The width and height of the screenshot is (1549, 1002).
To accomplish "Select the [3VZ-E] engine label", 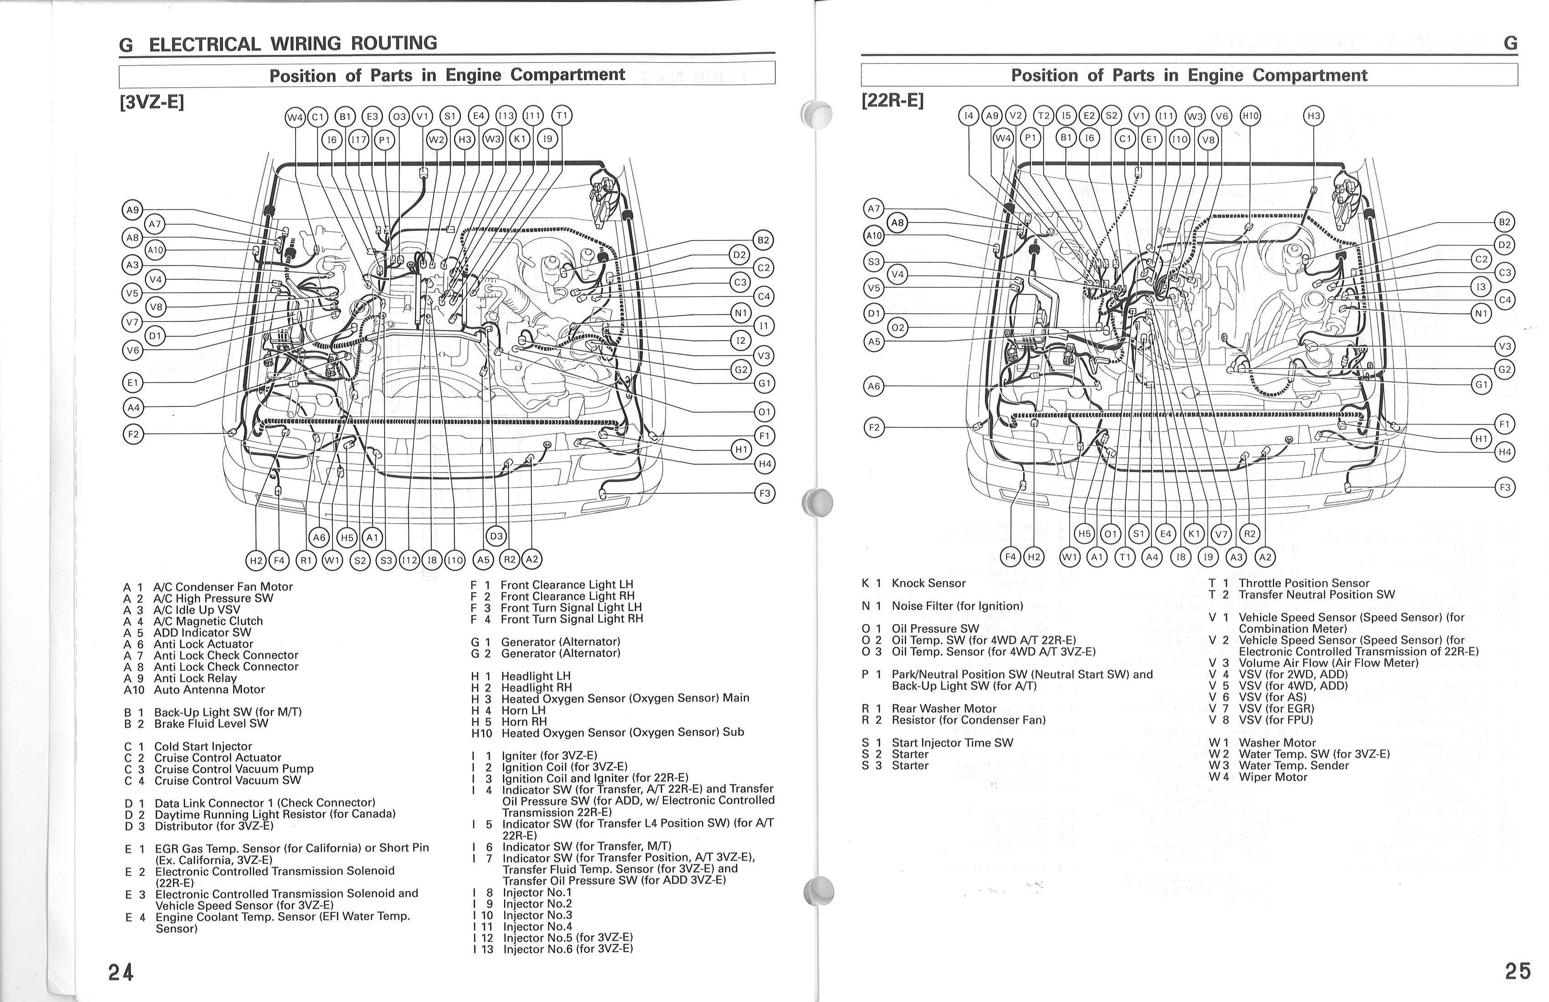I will [x=151, y=103].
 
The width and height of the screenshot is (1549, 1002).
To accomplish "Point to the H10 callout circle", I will [x=1250, y=116].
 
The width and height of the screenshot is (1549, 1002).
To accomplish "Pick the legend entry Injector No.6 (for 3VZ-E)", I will [x=567, y=949].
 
